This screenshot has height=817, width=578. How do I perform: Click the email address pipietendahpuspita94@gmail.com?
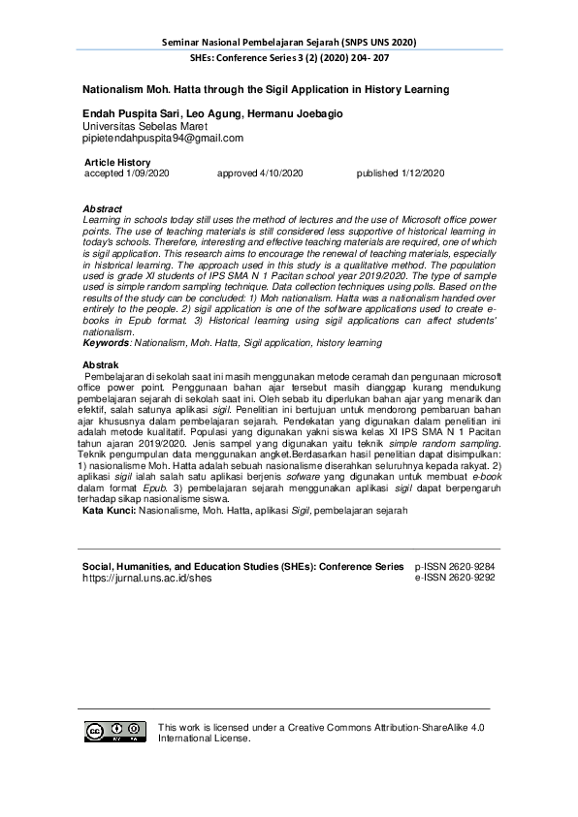[162, 138]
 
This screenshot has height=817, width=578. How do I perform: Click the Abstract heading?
[103, 209]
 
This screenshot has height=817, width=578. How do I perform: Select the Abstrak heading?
[101, 364]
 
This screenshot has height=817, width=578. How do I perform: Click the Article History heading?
[117, 162]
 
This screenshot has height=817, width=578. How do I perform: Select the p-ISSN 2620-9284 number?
[455, 565]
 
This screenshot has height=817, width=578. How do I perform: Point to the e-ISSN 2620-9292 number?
[455, 577]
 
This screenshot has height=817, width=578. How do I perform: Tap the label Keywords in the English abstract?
[105, 343]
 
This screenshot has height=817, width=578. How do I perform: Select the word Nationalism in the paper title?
[117, 89]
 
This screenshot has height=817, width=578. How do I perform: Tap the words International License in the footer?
[204, 738]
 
